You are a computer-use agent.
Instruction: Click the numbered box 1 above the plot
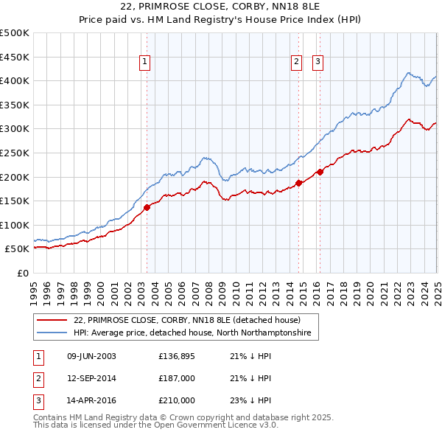click(145, 63)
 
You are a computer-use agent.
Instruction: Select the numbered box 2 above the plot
click(297, 63)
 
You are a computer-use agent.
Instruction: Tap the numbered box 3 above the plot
click(318, 63)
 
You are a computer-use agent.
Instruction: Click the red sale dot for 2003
click(147, 207)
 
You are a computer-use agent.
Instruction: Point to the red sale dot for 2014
click(298, 183)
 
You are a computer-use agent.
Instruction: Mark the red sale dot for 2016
click(320, 172)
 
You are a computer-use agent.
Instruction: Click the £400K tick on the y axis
click(15, 80)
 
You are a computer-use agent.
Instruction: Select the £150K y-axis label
click(15, 201)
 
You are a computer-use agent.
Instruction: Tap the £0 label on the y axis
click(22, 273)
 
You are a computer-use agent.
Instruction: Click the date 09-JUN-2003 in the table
click(91, 356)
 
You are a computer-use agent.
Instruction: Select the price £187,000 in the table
click(177, 378)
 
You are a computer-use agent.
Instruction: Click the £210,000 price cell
click(177, 400)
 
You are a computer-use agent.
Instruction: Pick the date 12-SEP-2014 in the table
click(91, 378)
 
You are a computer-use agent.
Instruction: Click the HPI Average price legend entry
click(192, 333)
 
